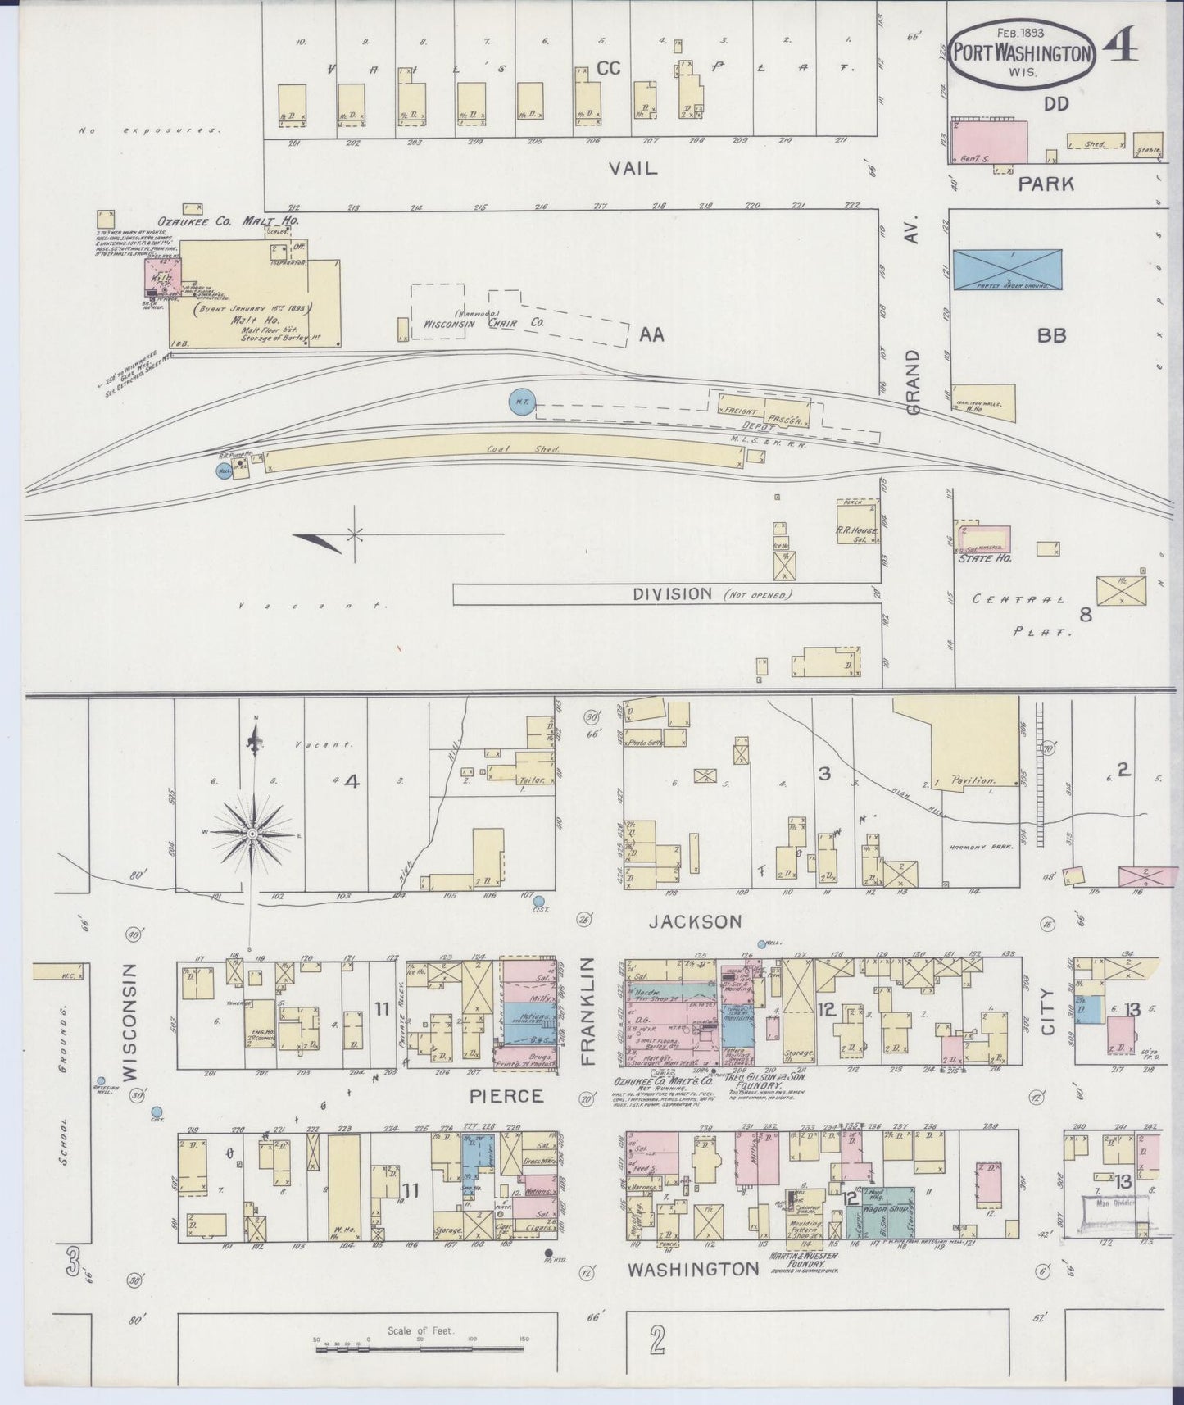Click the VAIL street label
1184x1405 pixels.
pos(633,168)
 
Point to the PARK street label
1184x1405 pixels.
pos(1046,184)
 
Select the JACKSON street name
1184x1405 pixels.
pos(695,921)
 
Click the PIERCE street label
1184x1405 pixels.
pos(506,1095)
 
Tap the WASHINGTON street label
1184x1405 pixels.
pos(692,1269)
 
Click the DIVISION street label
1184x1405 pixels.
pos(671,593)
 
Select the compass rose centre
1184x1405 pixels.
pos(254,834)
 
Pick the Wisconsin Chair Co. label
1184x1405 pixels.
pos(483,323)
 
